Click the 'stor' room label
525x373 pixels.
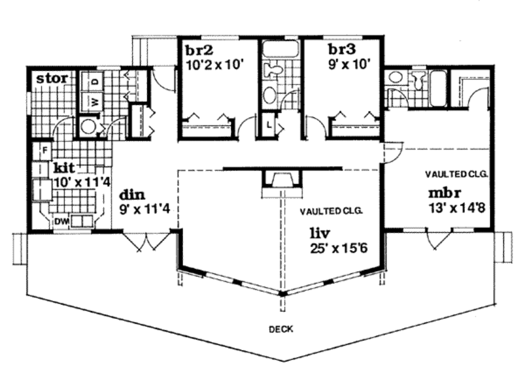[52, 78]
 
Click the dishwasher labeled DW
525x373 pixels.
[62, 222]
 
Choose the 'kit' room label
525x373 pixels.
[64, 167]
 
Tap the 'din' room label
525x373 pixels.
[132, 194]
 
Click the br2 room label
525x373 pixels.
[199, 50]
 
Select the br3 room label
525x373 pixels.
[342, 50]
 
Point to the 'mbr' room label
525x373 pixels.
[445, 193]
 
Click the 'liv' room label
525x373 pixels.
[320, 232]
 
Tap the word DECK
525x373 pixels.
[281, 329]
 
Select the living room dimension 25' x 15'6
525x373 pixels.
[339, 248]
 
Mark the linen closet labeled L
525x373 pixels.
[269, 125]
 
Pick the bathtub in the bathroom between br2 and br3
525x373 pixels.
[280, 49]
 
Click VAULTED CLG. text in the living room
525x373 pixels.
[331, 211]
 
